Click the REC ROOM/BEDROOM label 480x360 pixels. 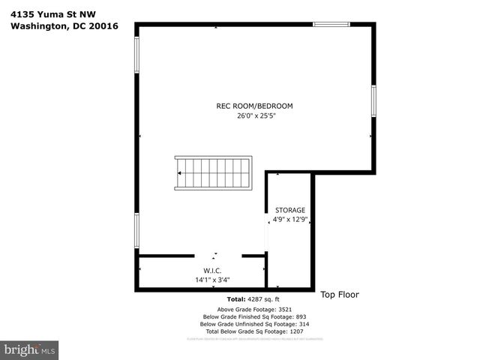pyautogui.click(x=254, y=106)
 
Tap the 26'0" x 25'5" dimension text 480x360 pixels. pyautogui.click(x=256, y=116)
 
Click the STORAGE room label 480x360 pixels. pyautogui.click(x=290, y=210)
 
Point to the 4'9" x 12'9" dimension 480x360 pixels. pyautogui.click(x=290, y=220)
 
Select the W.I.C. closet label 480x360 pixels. pyautogui.click(x=212, y=270)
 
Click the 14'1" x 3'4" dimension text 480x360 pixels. pyautogui.click(x=212, y=280)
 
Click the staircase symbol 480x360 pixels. pyautogui.click(x=214, y=173)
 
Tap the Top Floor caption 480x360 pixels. pyautogui.click(x=340, y=295)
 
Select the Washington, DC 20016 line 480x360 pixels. pyautogui.click(x=64, y=27)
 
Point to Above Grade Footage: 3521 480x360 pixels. pyautogui.click(x=248, y=309)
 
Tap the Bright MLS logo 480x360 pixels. pyautogui.click(x=30, y=349)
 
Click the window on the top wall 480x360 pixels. pyautogui.click(x=331, y=25)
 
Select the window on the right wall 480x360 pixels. pyautogui.click(x=373, y=100)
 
